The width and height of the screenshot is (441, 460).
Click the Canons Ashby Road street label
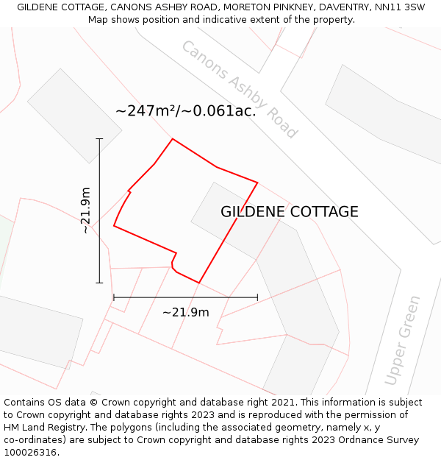(x=239, y=89)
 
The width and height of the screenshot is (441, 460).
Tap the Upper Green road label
(x=404, y=341)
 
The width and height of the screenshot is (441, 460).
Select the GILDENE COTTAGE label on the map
(x=290, y=212)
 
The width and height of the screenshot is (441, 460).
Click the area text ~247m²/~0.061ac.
(x=186, y=111)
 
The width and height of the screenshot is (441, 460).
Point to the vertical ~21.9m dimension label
(x=86, y=210)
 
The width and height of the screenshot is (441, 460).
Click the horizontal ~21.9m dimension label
(x=185, y=312)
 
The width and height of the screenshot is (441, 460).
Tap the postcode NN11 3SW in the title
(x=398, y=7)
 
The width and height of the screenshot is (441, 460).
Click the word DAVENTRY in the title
(x=345, y=7)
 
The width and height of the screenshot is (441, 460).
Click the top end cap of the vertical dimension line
(x=99, y=138)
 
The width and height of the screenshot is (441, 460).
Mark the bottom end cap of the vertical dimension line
(x=99, y=283)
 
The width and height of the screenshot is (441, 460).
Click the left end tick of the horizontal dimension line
(x=114, y=297)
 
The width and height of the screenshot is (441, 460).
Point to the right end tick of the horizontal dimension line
(x=257, y=297)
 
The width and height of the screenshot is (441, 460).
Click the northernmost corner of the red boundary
(x=173, y=138)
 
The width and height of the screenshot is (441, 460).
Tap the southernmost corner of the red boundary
(x=198, y=283)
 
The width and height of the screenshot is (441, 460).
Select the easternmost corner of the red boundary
(x=257, y=182)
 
